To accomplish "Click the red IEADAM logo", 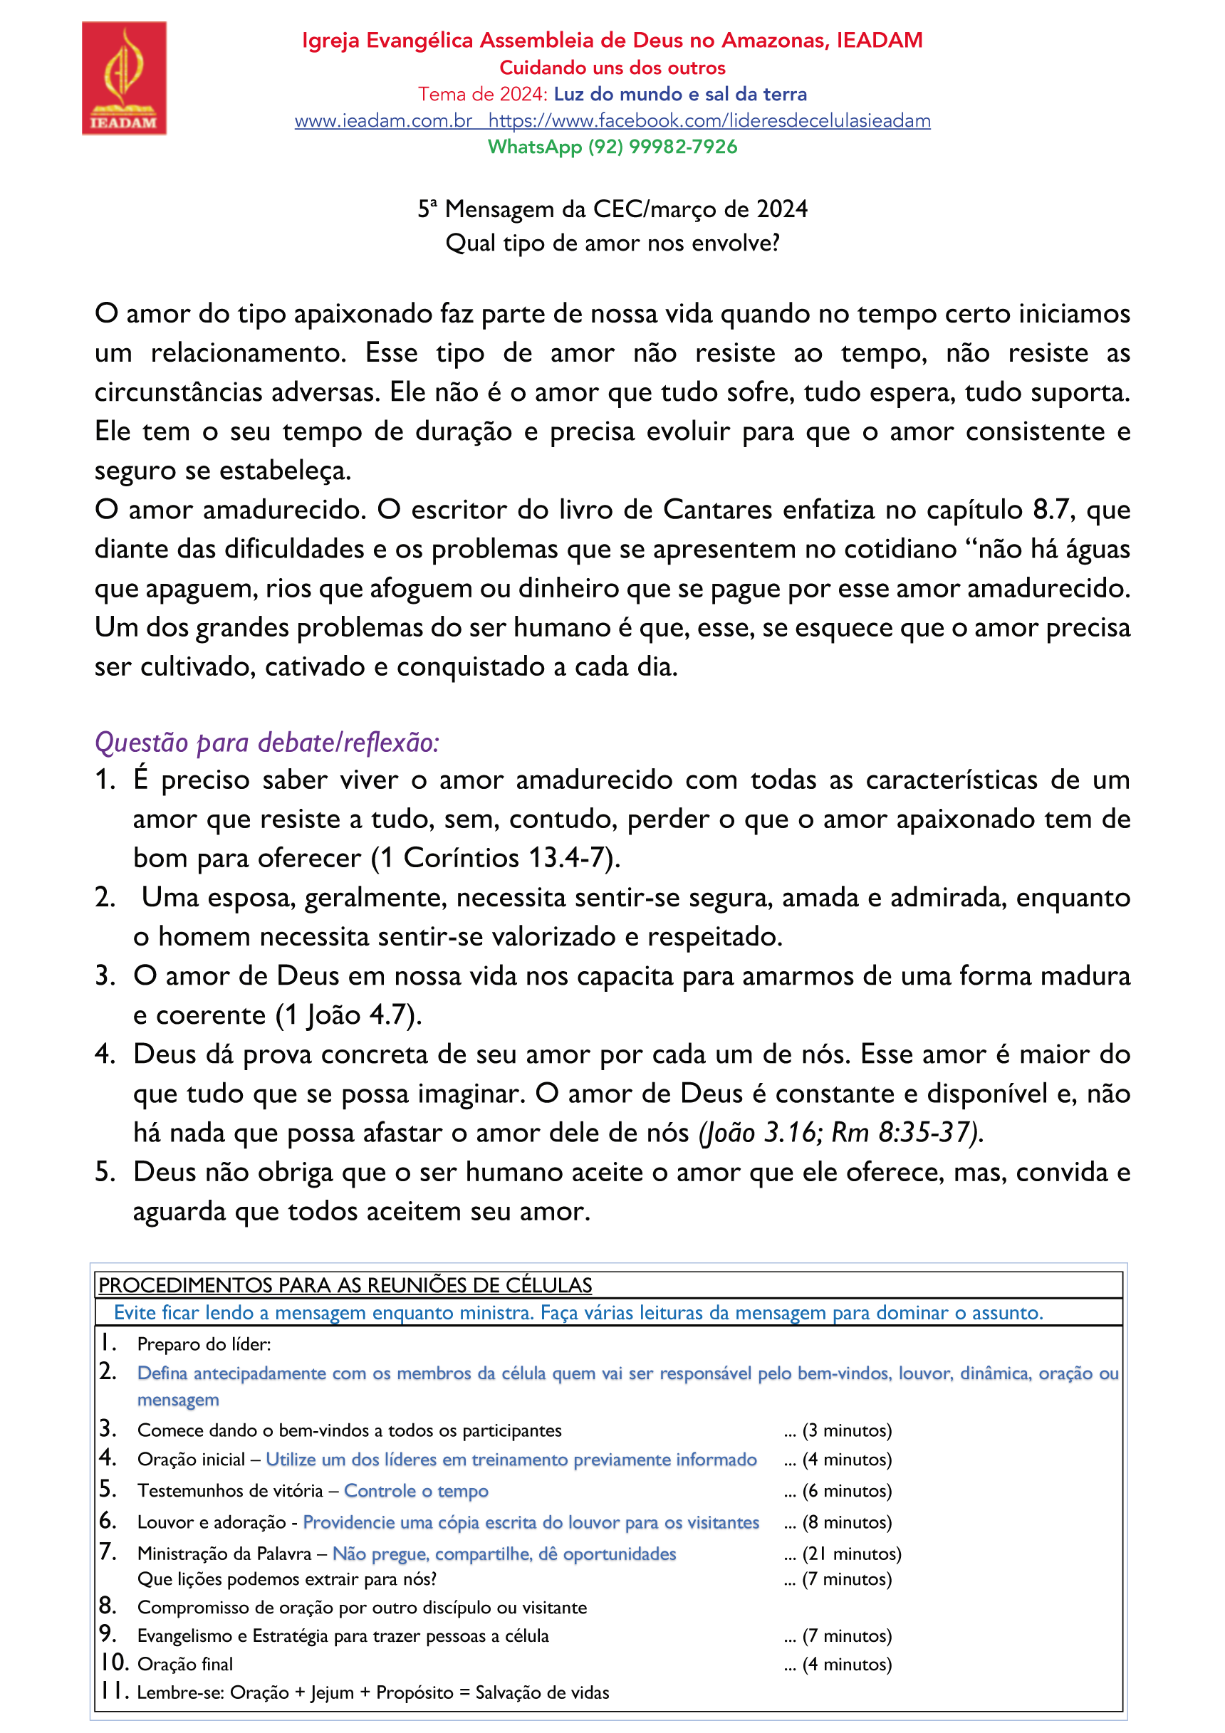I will click(124, 78).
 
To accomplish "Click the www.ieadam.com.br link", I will click(383, 121).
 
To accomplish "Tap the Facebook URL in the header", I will click(709, 121).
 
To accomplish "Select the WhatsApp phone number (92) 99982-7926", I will click(662, 147).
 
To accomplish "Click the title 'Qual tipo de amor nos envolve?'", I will click(612, 243).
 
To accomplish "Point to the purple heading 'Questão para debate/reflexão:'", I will click(266, 743).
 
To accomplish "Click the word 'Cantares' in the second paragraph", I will click(716, 511).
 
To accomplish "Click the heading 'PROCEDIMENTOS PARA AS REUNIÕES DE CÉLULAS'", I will click(345, 1284).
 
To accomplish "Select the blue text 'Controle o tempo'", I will click(416, 1491).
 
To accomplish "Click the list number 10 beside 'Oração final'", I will click(114, 1663).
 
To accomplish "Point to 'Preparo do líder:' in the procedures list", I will click(204, 1344).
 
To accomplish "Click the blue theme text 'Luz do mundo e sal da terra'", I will click(680, 95).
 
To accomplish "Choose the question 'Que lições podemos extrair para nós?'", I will click(287, 1579).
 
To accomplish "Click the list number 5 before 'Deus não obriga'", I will click(105, 1172).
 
